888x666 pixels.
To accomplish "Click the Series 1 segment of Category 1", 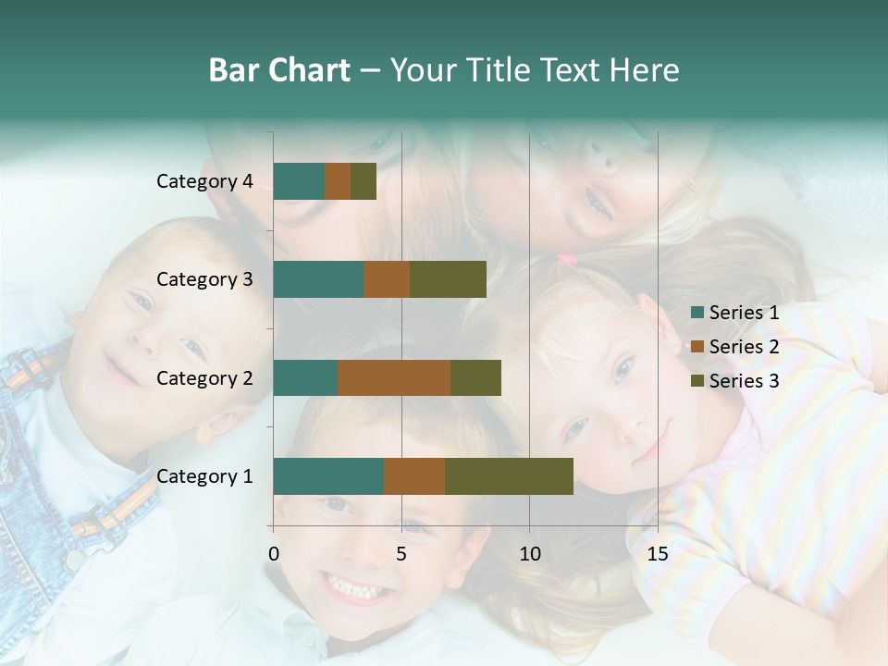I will coord(328,476).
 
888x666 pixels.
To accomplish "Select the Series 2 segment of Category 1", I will coord(414,476).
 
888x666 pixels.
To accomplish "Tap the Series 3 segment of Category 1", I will coord(509,476).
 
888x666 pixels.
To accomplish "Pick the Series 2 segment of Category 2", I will coord(394,377).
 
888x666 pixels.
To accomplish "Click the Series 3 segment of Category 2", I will coord(475,377).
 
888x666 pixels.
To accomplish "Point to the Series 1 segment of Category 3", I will coord(318,279).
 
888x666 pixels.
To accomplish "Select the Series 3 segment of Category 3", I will coord(448,279).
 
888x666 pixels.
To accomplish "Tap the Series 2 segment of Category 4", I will coord(338,181).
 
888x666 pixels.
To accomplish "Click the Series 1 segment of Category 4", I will coord(299,181).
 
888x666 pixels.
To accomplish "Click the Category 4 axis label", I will coord(204,181).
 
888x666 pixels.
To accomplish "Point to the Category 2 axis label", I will coord(204,377).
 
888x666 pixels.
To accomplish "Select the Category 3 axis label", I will coord(204,279).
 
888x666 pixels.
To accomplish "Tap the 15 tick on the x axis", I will coord(657,554).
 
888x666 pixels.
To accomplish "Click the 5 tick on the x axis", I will coord(401,554).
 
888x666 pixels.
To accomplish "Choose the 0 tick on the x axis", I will coord(274,554).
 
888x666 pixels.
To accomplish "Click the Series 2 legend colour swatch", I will coord(697,347).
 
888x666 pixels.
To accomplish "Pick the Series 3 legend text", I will coord(744,380).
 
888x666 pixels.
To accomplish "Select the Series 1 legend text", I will coord(744,313).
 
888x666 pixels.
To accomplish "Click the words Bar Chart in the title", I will coord(279,70).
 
